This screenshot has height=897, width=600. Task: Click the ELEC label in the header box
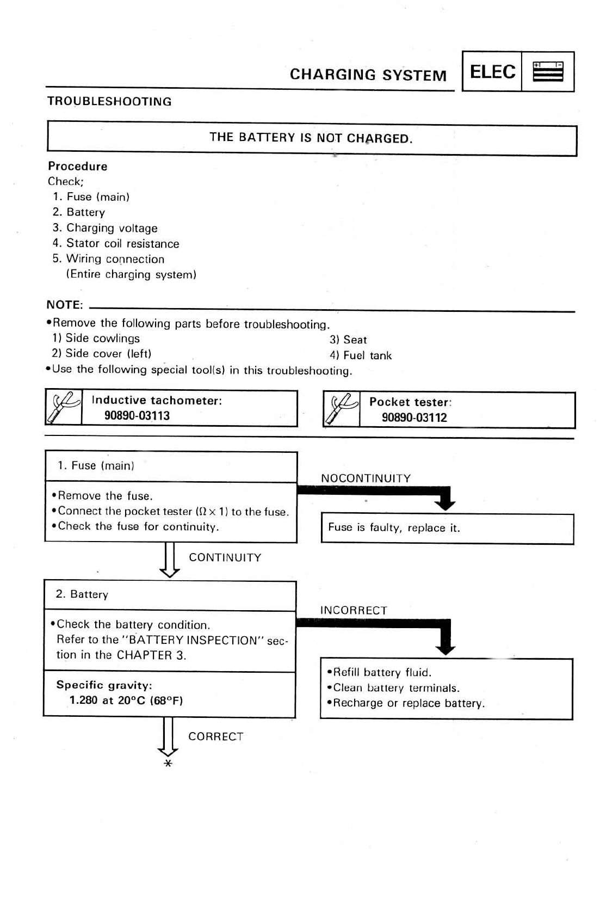click(492, 72)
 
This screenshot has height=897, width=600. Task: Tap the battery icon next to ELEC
click(548, 72)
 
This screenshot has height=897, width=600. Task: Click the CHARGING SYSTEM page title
click(368, 75)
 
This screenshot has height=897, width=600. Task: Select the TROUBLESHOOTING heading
click(109, 102)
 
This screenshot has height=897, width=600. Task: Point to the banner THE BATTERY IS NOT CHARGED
click(311, 138)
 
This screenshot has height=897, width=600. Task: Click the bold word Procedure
click(77, 167)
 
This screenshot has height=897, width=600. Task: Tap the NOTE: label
click(65, 305)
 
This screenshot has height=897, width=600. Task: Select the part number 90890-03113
click(137, 416)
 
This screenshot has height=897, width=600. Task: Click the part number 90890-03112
click(415, 417)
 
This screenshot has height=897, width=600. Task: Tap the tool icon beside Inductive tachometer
click(64, 408)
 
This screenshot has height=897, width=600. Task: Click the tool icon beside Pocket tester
click(341, 410)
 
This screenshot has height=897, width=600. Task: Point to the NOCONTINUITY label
click(366, 478)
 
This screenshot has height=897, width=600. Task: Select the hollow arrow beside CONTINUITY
click(169, 559)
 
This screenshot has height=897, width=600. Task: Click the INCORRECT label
click(354, 611)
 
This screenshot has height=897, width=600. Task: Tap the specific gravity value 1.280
click(83, 701)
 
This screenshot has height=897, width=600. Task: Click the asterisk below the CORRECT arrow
click(168, 764)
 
